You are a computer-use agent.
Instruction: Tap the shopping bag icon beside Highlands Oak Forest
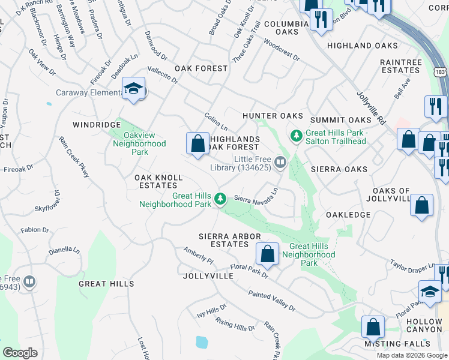click(x=197, y=143)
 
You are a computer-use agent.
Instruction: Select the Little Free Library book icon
click(x=280, y=163)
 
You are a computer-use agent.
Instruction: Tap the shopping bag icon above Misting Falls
click(x=373, y=328)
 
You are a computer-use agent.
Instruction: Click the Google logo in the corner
click(x=19, y=353)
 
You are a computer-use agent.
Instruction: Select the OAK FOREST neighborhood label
click(x=201, y=68)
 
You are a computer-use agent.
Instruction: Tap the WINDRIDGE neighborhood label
click(x=97, y=125)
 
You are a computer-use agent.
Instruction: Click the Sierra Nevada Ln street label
click(x=256, y=199)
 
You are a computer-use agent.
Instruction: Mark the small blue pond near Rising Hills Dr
click(x=201, y=343)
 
